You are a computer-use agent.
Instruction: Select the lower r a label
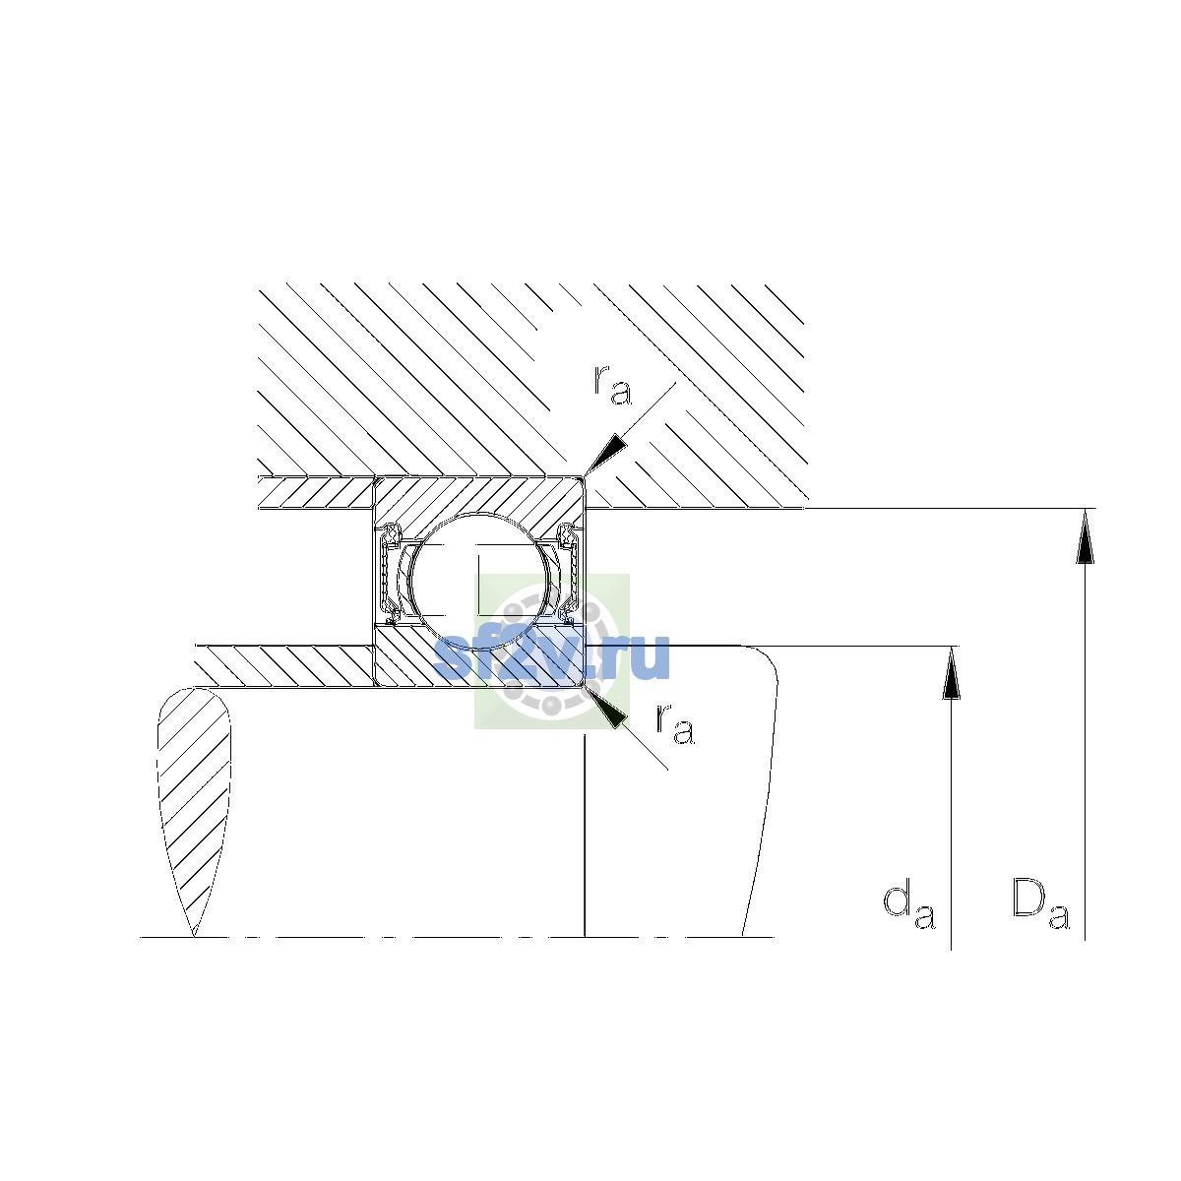675,725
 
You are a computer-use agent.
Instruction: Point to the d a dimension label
909,915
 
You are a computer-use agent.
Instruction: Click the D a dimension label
1040,914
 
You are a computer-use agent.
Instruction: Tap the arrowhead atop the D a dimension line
1085,535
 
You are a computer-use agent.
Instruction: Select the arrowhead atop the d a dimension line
951,673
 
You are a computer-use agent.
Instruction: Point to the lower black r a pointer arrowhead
606,708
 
